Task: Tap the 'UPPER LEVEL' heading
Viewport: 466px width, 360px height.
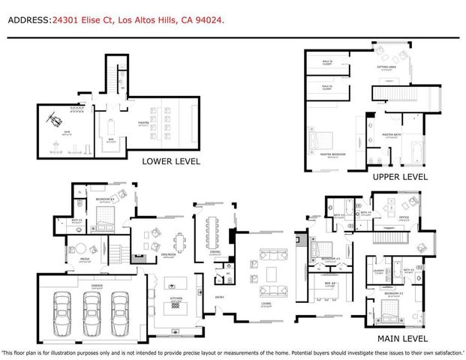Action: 399,177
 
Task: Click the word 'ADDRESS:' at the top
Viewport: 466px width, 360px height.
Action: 29,22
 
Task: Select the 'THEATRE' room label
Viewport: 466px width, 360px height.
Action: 143,124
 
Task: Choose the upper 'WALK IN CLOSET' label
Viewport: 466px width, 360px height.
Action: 327,64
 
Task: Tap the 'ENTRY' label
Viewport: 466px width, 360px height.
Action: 220,297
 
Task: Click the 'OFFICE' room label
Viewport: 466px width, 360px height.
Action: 402,217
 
